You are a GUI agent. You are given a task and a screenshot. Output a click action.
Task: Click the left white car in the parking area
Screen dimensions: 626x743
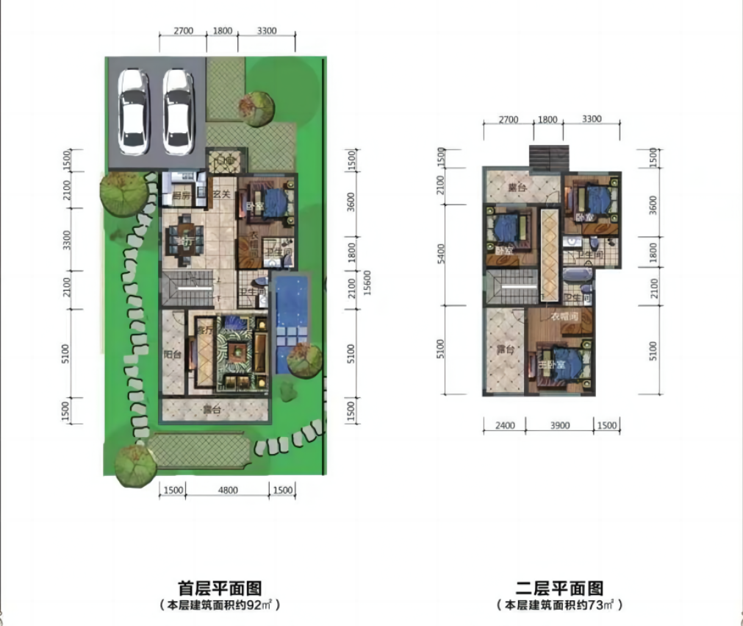(133, 111)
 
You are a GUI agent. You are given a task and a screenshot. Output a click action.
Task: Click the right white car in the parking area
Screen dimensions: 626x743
(178, 111)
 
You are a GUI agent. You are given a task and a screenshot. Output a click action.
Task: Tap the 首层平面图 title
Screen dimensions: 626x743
(220, 588)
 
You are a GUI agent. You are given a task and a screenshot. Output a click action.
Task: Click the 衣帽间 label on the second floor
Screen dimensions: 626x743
(566, 317)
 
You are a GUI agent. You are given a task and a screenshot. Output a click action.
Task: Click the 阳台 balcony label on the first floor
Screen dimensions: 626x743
(172, 355)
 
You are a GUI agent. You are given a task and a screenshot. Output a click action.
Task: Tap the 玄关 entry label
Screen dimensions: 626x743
(221, 195)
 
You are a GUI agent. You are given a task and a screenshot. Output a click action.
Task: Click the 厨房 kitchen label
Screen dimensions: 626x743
(182, 197)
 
